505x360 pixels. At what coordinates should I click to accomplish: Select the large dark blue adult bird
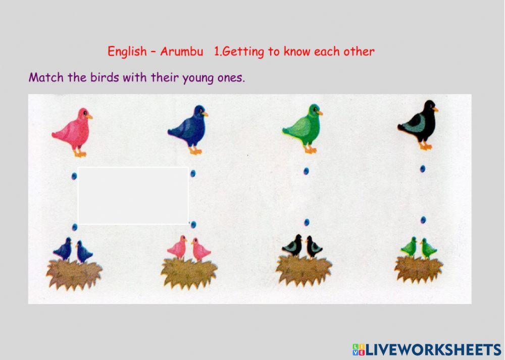(188, 129)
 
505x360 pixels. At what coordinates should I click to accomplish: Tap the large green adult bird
(303, 127)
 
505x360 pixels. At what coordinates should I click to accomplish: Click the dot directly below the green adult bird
(306, 171)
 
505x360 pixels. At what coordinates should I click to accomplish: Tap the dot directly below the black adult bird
(422, 169)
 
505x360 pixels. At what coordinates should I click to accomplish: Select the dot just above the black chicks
(307, 222)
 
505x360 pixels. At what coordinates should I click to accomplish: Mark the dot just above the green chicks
(423, 220)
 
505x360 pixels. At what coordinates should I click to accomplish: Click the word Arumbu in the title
(181, 52)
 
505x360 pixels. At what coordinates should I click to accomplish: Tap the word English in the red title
(126, 52)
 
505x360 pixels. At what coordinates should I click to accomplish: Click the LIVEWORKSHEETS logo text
(433, 349)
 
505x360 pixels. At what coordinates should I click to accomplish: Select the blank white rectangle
(133, 195)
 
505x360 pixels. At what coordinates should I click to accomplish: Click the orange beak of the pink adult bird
(89, 117)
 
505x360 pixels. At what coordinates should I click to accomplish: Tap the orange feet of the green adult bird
(310, 150)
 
